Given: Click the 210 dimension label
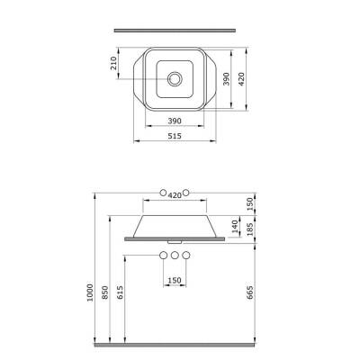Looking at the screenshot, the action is click(x=114, y=63).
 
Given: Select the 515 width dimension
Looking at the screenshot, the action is click(x=175, y=136).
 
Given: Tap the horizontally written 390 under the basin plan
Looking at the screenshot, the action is click(x=175, y=121).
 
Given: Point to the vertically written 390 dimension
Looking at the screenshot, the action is click(x=227, y=79).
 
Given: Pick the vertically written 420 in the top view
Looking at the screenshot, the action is click(x=241, y=79).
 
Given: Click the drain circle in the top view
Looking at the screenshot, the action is click(x=175, y=79).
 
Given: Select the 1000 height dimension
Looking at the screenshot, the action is click(x=90, y=292).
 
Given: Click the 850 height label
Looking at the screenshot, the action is click(x=105, y=292).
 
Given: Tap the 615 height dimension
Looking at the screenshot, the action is click(x=120, y=292).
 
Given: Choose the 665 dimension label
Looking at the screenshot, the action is click(x=250, y=292).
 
